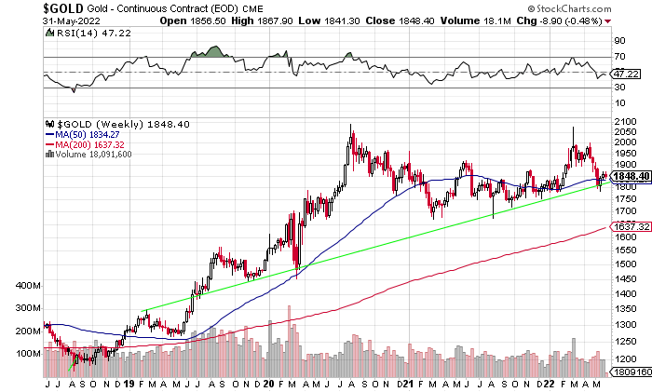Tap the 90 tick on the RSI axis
618,41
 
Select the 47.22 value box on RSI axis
621,73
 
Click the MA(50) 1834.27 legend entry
88,134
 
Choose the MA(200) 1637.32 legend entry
90,144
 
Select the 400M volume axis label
30,285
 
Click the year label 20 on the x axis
268,384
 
